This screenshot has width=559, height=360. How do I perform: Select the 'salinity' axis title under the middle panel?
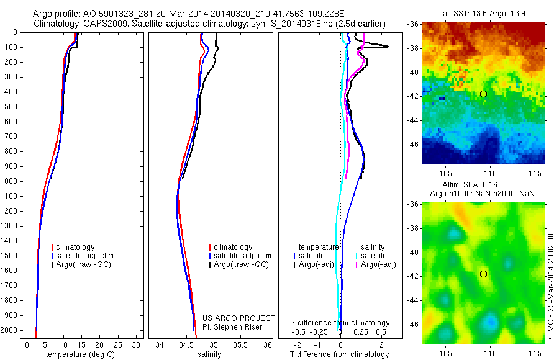[x=209, y=354]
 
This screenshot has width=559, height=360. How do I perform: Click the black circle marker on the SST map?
[x=483, y=94]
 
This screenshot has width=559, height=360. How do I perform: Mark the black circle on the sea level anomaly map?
[x=483, y=274]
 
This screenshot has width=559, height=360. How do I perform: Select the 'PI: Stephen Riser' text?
[x=232, y=327]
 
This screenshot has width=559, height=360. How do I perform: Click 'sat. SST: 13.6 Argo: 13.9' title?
[x=483, y=13]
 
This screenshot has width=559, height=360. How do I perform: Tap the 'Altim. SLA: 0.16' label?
[x=483, y=186]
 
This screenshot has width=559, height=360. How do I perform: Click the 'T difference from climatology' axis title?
[x=339, y=354]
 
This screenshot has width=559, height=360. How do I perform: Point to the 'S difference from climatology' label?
[x=340, y=323]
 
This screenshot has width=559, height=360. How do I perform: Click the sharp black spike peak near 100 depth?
[x=388, y=47]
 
